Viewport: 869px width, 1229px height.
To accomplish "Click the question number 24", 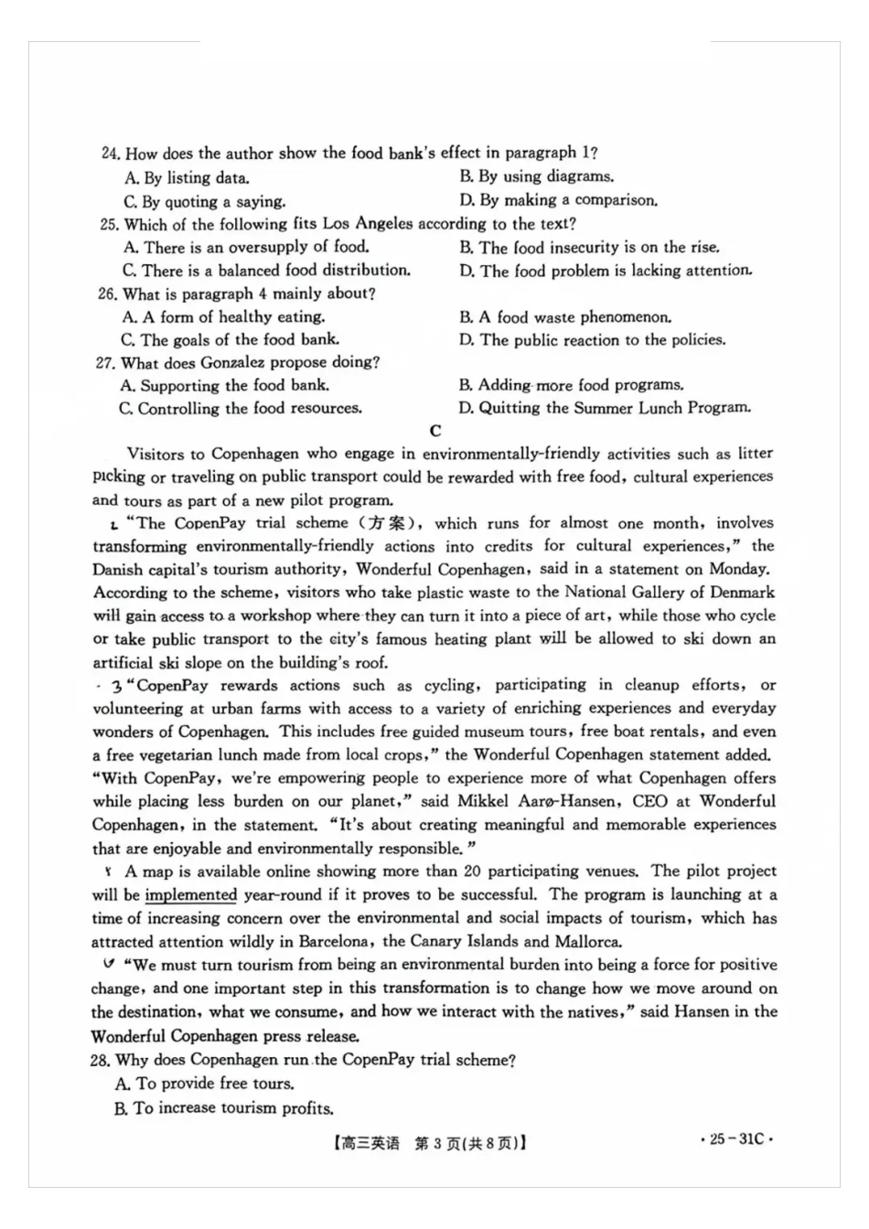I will pyautogui.click(x=111, y=154).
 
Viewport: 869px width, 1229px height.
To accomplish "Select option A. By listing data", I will pyautogui.click(x=187, y=178).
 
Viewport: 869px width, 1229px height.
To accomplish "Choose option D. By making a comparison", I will pyautogui.click(x=558, y=200).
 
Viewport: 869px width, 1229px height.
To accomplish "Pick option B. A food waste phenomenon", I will pyautogui.click(x=565, y=317).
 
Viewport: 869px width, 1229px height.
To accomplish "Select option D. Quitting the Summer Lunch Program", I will pyautogui.click(x=605, y=408).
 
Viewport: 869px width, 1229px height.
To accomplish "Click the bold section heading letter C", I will pyautogui.click(x=435, y=431).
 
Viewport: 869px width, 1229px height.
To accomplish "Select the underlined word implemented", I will pyautogui.click(x=191, y=895).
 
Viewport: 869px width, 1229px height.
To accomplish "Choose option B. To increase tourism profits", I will pyautogui.click(x=224, y=1108).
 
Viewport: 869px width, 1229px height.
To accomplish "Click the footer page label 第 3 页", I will pyautogui.click(x=436, y=1144).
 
